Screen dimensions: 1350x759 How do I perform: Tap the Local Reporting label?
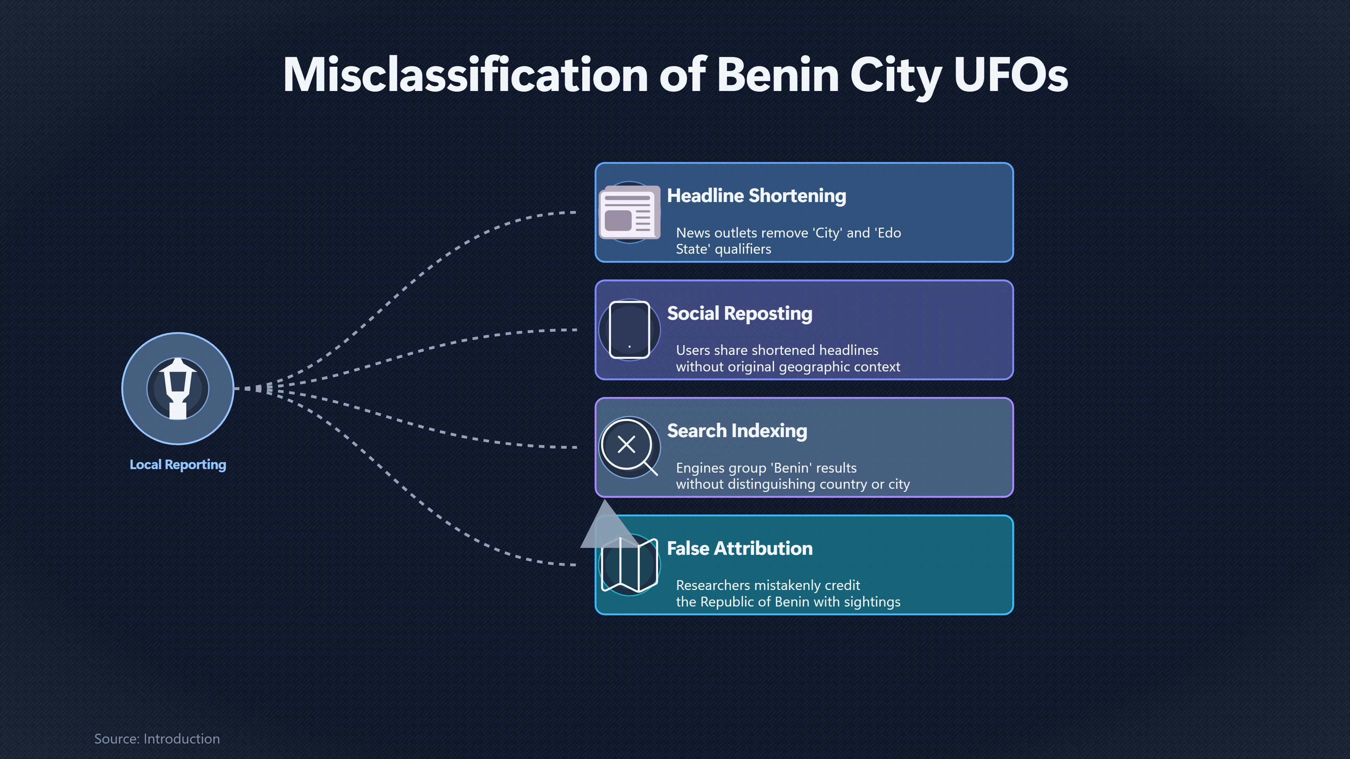pyautogui.click(x=178, y=465)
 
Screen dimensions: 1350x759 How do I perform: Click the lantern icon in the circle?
pyautogui.click(x=178, y=389)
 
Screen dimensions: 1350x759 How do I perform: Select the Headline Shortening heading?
pyautogui.click(x=756, y=195)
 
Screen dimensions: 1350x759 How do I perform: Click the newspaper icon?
pyautogui.click(x=629, y=213)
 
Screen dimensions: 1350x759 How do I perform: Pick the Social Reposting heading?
pyautogui.click(x=739, y=313)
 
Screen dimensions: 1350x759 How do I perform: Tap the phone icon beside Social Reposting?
pyautogui.click(x=629, y=330)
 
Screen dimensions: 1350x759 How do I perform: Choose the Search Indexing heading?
pyautogui.click(x=737, y=430)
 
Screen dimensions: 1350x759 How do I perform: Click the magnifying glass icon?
pyautogui.click(x=628, y=446)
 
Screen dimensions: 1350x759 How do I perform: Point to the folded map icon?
pyautogui.click(x=629, y=565)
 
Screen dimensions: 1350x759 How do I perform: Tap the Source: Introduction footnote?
pyautogui.click(x=157, y=739)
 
